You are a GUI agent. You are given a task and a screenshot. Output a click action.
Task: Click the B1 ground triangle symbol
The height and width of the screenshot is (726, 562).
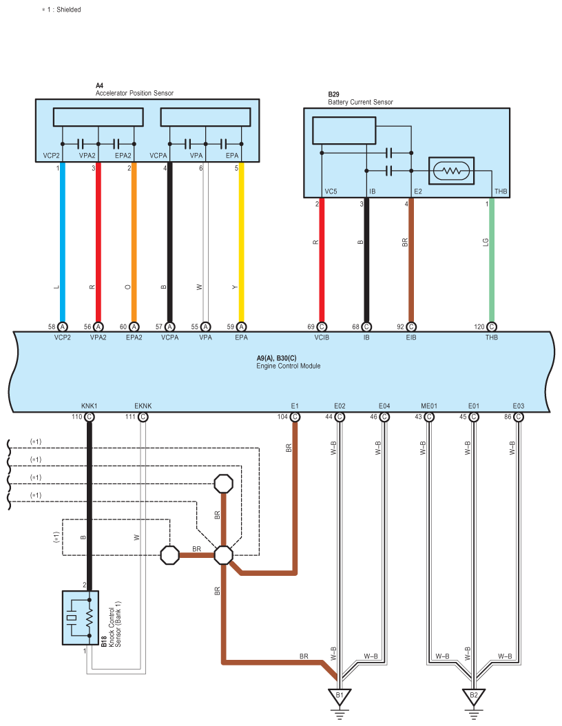340,696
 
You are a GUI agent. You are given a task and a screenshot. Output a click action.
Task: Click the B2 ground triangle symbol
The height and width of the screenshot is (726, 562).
473,696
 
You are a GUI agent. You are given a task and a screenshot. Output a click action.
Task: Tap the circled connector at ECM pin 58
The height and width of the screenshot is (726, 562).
63,327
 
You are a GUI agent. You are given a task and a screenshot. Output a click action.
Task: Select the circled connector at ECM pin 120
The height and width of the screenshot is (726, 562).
492,327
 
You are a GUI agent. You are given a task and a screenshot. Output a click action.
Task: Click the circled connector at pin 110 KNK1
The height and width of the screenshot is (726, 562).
90,417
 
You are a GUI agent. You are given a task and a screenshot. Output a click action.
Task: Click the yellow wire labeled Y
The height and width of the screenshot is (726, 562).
241,242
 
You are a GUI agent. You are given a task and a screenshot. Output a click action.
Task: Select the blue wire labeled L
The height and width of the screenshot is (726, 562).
63,242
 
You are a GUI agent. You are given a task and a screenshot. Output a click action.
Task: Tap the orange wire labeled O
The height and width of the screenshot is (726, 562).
134,242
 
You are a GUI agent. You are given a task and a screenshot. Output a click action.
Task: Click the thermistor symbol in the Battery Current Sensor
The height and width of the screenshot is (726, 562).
451,171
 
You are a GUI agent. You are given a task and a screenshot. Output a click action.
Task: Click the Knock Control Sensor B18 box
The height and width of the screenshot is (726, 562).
81,618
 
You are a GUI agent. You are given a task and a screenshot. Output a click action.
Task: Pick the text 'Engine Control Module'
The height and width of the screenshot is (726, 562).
289,366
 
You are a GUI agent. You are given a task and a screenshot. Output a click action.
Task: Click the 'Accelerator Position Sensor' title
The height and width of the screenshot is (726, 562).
134,93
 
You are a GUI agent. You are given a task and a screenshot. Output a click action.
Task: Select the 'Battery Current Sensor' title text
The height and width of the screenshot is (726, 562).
360,102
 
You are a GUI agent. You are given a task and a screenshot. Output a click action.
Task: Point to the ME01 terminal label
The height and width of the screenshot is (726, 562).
428,406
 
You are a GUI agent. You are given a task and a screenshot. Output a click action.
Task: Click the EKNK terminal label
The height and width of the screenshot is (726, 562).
143,406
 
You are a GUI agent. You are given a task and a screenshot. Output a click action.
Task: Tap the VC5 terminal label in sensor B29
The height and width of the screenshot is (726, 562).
331,191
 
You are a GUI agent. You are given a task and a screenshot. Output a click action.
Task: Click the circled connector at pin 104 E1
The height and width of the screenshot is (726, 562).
295,417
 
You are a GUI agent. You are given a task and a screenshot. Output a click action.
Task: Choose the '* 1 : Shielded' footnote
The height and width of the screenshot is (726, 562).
61,9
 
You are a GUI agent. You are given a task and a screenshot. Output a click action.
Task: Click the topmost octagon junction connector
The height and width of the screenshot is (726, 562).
224,484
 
